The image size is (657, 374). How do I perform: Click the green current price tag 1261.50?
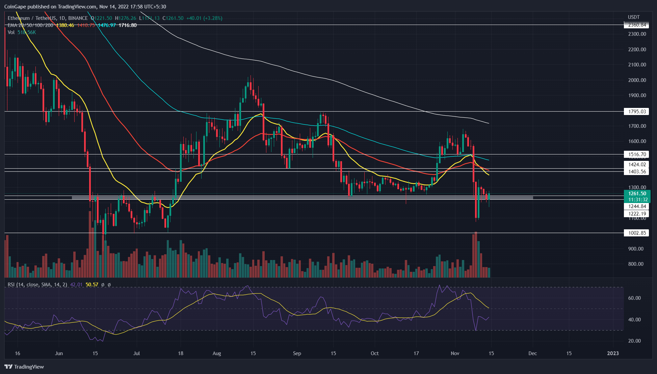pos(637,194)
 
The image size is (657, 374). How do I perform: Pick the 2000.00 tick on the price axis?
pos(637,80)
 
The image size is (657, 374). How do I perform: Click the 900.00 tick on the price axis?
pos(635,249)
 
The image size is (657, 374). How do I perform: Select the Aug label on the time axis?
pos(217,353)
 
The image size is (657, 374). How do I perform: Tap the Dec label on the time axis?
pos(532,353)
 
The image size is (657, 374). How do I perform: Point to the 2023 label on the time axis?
pos(613,353)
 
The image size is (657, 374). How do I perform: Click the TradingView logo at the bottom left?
pos(24,367)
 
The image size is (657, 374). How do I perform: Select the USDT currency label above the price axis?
pos(634,17)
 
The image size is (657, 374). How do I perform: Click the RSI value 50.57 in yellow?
pos(92,285)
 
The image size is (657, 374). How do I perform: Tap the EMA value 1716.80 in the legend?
pos(128,25)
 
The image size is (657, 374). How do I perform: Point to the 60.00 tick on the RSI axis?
pos(634,298)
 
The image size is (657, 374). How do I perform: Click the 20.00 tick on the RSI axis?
pos(634,341)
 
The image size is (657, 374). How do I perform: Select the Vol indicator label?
pos(11,32)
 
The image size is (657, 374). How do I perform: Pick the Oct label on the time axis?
pos(374,353)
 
